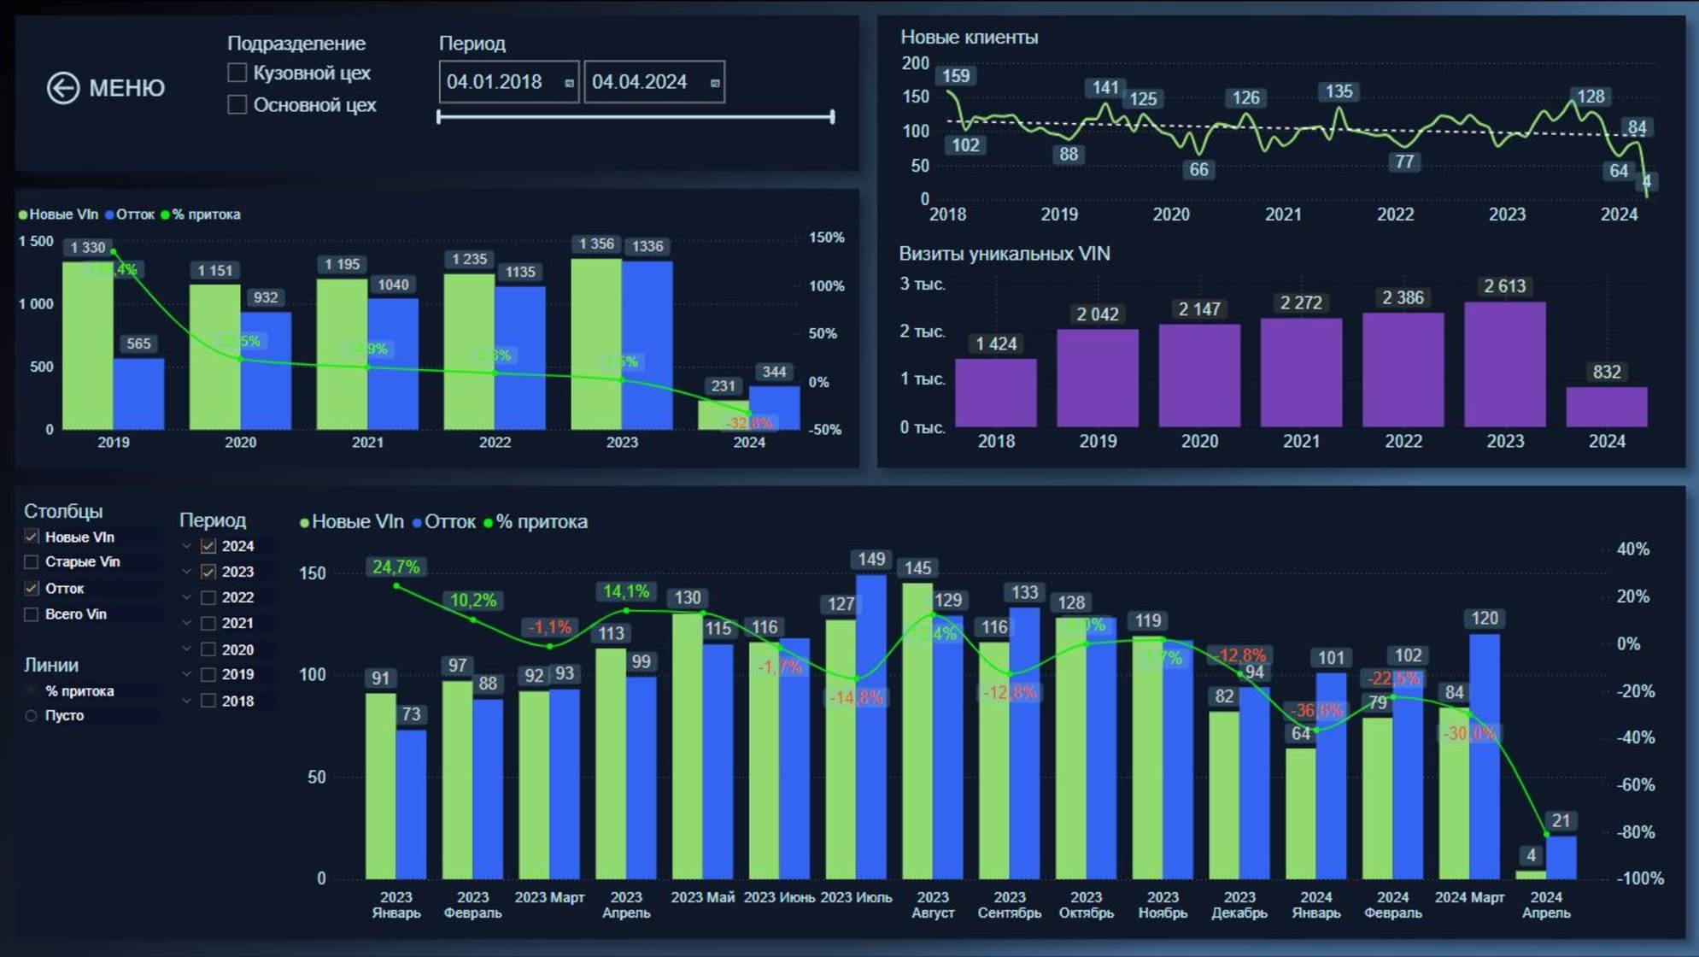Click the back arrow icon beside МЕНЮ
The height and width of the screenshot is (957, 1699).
tap(63, 88)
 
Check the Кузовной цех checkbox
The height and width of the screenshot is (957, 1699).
tap(237, 73)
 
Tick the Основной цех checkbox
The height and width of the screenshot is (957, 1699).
tap(237, 104)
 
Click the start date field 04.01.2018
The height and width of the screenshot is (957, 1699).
tap(508, 82)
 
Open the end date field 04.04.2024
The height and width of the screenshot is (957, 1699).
tap(653, 82)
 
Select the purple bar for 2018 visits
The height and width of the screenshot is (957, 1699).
tap(995, 393)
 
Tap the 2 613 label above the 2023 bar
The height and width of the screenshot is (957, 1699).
tap(1504, 286)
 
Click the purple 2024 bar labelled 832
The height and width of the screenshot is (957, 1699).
tap(1606, 408)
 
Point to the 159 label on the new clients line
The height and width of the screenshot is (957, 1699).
tap(955, 76)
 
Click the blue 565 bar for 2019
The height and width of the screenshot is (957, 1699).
tap(138, 394)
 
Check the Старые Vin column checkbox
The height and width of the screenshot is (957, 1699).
tap(32, 561)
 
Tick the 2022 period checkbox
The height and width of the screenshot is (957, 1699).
tap(208, 597)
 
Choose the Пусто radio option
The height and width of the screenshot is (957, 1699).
tap(32, 715)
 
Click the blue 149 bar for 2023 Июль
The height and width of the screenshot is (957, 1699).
tap(871, 726)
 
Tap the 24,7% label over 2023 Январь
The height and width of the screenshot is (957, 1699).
tap(395, 567)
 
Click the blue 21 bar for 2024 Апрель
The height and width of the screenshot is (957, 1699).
tap(1561, 858)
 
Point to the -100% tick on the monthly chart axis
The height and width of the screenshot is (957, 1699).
tap(1639, 878)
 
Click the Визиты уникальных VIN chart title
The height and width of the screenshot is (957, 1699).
tap(1004, 254)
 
